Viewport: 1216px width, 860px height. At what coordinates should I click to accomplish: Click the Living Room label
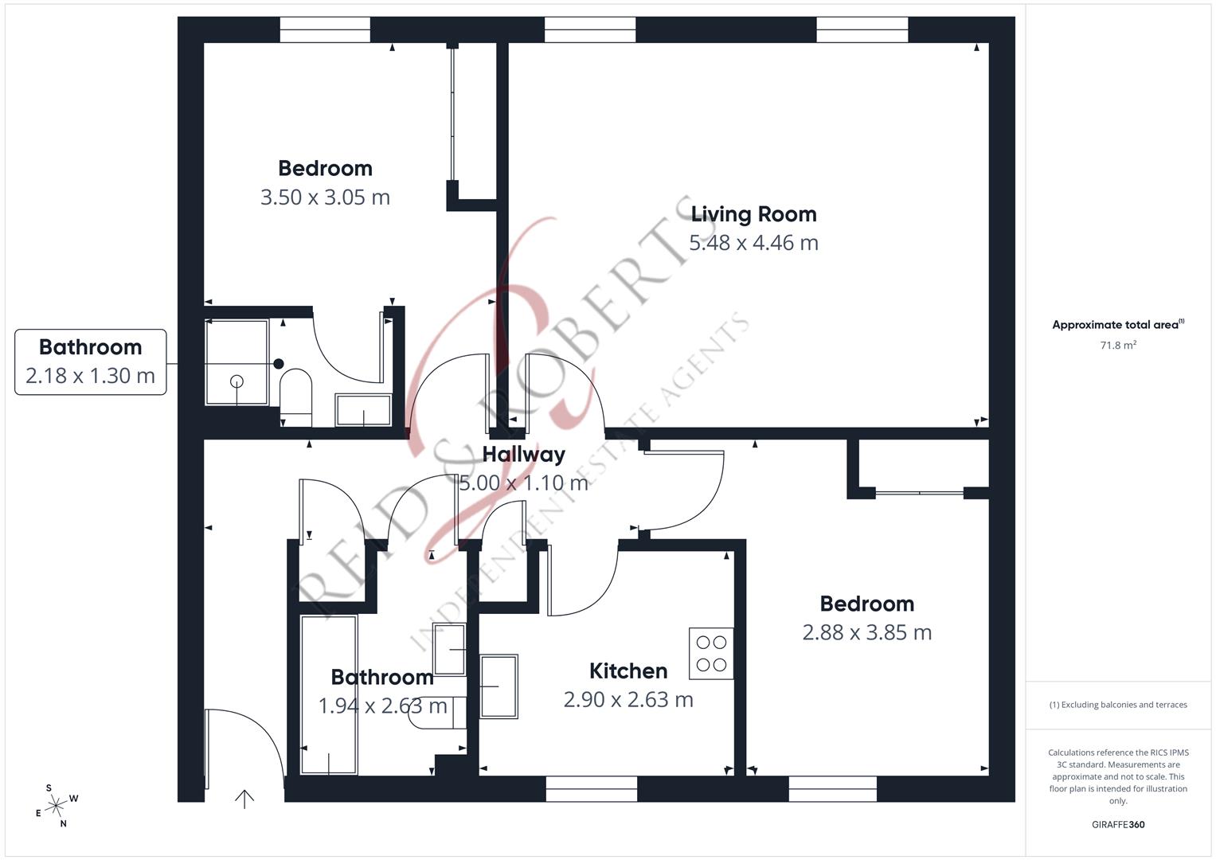click(x=753, y=214)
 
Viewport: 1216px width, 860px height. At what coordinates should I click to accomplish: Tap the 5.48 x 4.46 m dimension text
click(x=753, y=243)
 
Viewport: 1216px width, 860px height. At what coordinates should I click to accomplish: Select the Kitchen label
click(x=628, y=671)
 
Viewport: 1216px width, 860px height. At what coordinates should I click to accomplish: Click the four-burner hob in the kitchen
click(x=711, y=653)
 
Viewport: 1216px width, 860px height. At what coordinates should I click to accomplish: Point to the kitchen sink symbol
click(x=499, y=686)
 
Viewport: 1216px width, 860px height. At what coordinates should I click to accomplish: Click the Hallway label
click(x=523, y=455)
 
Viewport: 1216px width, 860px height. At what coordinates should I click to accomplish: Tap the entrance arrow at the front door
click(x=244, y=798)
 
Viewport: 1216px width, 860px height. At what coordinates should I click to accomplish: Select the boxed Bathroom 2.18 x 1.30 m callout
click(x=90, y=362)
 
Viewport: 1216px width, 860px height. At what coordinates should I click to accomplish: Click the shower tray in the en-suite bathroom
click(x=237, y=362)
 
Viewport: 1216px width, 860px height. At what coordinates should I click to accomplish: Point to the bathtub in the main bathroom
click(x=329, y=694)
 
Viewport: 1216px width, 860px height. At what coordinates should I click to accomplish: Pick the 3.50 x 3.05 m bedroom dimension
click(x=325, y=197)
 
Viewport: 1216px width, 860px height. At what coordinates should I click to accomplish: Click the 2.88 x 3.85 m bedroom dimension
click(x=866, y=632)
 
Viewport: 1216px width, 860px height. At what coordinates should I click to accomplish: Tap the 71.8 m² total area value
click(x=1117, y=346)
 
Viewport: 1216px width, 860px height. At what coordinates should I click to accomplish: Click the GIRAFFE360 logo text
click(x=1117, y=824)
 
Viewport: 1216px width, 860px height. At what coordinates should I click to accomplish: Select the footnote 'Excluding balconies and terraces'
click(x=1117, y=705)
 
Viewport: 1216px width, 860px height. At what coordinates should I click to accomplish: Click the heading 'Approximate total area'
click(x=1117, y=325)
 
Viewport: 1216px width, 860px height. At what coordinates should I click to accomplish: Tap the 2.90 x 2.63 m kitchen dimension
click(x=628, y=700)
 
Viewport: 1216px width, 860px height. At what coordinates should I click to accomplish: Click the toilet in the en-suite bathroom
click(x=295, y=390)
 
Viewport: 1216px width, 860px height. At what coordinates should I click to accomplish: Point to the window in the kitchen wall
click(x=591, y=789)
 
